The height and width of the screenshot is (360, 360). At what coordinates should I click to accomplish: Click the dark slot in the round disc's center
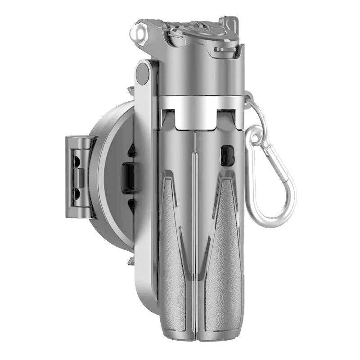[129, 177]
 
